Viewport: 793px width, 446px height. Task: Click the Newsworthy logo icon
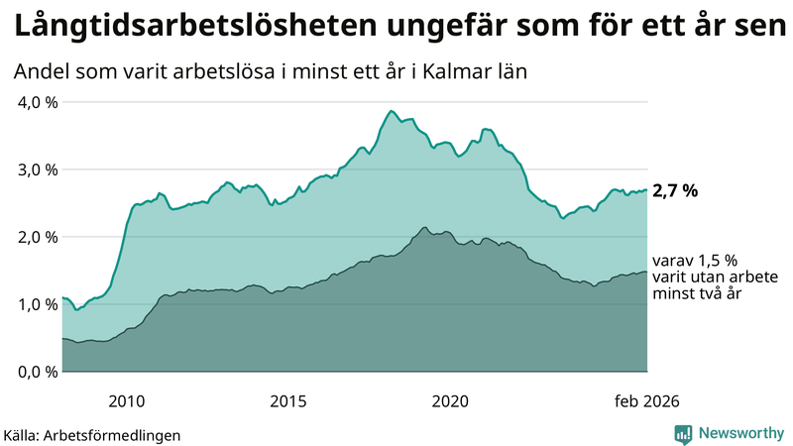(683, 433)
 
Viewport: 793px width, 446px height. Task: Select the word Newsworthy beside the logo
(739, 433)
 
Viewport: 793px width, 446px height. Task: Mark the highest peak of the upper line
(392, 111)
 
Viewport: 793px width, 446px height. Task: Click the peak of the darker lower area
(424, 228)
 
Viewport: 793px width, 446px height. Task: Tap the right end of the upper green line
(646, 190)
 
